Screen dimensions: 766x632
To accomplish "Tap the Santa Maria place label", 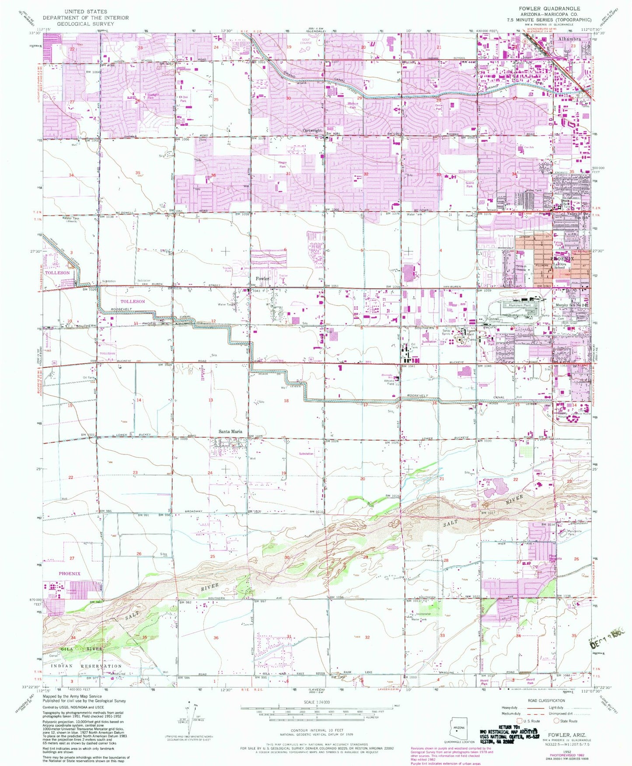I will click(230, 431).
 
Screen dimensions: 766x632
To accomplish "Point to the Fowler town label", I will click(262, 278).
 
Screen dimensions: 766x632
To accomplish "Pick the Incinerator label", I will click(423, 614).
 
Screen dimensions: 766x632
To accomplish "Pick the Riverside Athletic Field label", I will click(389, 379).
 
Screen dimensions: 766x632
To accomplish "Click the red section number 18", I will click(286, 401).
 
